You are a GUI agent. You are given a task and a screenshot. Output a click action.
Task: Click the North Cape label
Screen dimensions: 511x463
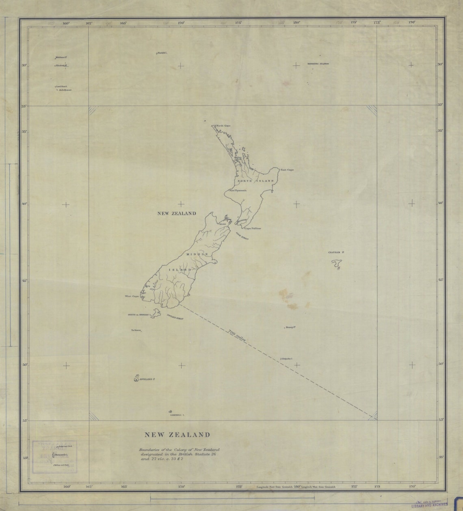223,126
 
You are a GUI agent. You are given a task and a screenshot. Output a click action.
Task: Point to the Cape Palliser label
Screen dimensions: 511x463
253,228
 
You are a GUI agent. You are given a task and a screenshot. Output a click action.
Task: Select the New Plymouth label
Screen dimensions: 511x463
238,190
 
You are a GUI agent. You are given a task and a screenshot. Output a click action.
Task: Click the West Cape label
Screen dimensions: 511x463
132,296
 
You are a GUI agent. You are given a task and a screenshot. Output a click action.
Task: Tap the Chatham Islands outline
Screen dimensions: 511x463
337,264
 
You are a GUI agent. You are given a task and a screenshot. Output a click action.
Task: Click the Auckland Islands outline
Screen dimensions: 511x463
136,378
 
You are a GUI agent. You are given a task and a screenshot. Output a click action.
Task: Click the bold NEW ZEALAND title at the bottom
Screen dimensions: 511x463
177,435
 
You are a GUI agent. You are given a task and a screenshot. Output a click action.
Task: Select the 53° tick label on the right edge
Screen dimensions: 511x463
441,421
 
